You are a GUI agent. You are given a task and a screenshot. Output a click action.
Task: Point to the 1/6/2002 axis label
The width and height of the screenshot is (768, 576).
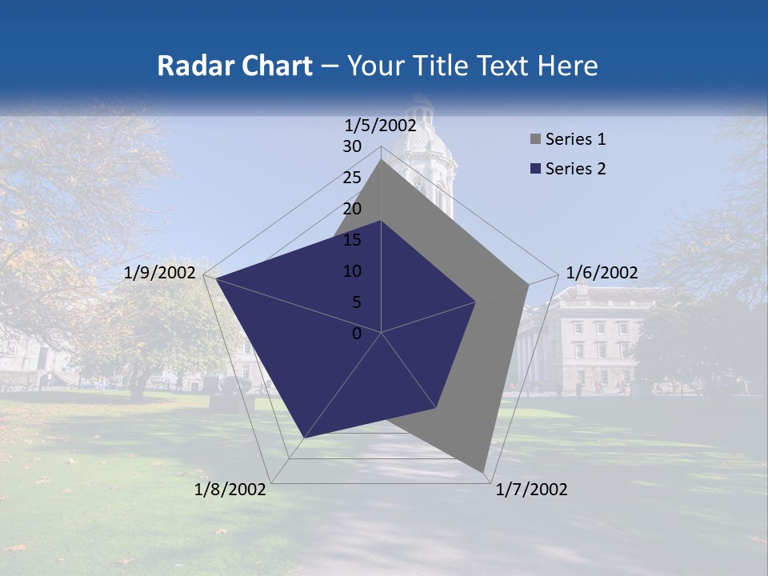602,273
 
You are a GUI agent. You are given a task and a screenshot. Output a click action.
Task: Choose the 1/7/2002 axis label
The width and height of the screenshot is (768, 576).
531,490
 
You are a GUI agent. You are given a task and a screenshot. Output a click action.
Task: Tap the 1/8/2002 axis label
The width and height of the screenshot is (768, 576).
230,490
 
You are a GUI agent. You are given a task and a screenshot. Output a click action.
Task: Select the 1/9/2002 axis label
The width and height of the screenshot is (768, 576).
160,273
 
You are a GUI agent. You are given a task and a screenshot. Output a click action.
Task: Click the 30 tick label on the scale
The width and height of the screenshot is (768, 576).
352,146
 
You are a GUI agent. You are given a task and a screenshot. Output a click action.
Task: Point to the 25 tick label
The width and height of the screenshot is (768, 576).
352,178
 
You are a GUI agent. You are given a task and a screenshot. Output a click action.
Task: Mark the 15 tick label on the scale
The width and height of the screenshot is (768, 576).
352,240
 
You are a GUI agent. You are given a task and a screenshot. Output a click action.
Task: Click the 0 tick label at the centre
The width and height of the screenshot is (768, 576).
357,334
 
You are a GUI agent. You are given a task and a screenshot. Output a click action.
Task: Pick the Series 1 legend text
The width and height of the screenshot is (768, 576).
575,139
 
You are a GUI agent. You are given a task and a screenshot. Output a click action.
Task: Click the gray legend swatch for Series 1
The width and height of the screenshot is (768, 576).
535,140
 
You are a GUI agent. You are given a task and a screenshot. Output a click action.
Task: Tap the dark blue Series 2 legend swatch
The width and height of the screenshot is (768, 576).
535,169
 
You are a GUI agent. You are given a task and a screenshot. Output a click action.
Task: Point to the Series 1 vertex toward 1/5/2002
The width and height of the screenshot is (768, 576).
381,159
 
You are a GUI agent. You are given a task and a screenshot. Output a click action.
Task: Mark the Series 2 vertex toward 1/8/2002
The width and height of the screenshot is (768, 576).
304,438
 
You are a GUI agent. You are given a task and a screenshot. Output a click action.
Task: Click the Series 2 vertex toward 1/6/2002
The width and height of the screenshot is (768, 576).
476,302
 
